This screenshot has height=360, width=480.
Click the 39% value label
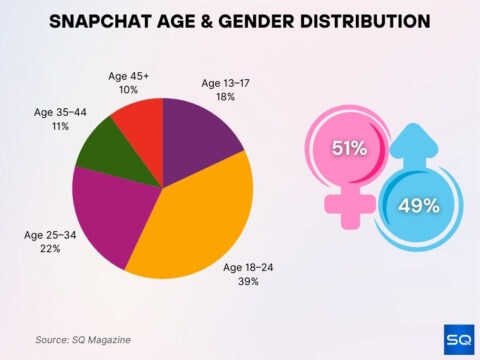click(248, 282)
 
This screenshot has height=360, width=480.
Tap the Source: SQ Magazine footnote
click(83, 340)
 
